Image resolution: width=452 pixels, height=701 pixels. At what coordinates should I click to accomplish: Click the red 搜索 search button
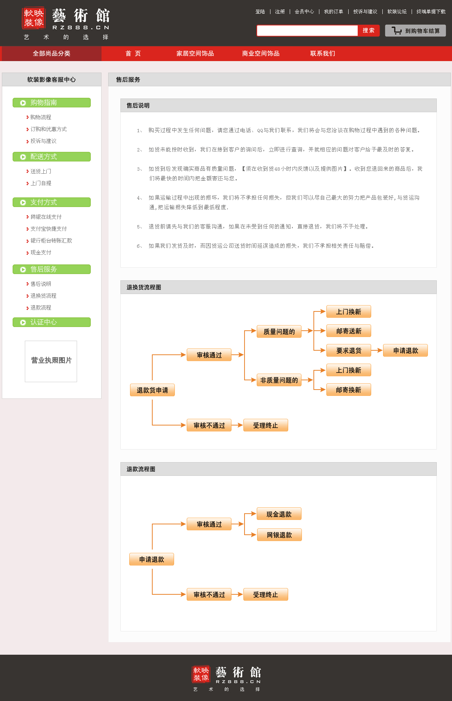368,30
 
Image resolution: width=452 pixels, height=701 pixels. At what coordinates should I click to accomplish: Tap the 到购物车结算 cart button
415,31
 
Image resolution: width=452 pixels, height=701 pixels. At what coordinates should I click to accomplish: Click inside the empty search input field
307,30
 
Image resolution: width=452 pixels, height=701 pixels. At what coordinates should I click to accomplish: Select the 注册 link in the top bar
280,11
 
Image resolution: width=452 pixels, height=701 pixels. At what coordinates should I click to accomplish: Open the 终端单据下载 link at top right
431,11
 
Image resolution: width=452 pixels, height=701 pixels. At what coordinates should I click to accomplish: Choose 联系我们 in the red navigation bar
322,53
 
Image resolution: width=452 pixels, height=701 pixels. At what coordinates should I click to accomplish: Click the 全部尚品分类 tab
51,53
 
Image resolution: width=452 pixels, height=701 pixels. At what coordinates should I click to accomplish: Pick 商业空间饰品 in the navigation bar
260,53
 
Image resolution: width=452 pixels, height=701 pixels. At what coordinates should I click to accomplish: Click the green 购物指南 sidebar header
51,103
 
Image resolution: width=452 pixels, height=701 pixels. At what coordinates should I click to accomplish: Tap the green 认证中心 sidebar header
51,322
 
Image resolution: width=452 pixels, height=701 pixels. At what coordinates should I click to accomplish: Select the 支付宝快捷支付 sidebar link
49,229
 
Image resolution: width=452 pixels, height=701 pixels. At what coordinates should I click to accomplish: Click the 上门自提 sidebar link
41,183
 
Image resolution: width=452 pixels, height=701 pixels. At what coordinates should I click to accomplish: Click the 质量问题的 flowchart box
279,331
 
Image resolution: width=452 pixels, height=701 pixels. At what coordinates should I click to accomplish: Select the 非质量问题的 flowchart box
279,380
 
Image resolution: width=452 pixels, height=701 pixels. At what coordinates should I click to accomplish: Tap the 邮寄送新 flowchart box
348,331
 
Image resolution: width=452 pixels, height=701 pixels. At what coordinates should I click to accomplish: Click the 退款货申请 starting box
152,390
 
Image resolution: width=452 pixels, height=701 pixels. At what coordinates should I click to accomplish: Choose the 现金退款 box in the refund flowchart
279,514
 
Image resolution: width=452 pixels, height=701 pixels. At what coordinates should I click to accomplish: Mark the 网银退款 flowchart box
279,535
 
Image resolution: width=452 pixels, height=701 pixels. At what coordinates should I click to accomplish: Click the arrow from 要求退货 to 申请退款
377,350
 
